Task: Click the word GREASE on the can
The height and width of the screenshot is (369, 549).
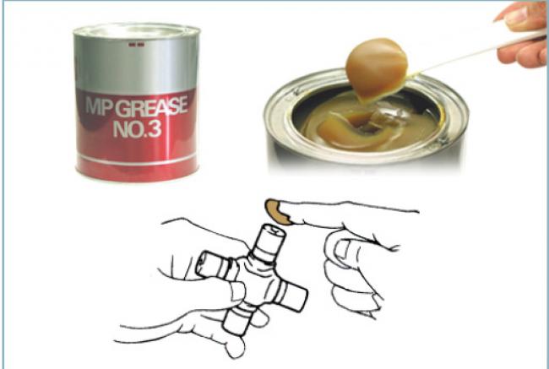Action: (x=151, y=107)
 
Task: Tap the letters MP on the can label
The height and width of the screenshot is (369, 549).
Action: (x=100, y=106)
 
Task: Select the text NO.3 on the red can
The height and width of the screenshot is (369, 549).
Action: (x=137, y=129)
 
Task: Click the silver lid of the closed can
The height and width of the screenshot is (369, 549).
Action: (x=137, y=31)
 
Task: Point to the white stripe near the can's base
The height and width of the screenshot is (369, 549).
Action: (x=137, y=161)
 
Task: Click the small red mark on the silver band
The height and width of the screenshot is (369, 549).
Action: (x=137, y=45)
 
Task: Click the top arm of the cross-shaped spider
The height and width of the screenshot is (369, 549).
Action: (x=269, y=243)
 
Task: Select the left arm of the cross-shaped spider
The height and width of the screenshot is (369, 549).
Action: (x=214, y=267)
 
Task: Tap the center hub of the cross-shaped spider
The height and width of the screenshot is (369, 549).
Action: (x=255, y=280)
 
